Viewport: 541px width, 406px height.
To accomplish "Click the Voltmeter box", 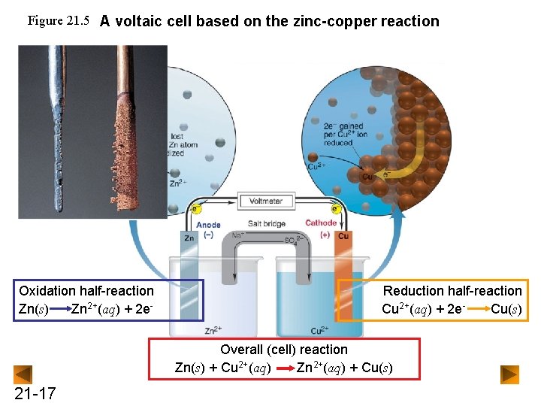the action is click(x=265, y=201).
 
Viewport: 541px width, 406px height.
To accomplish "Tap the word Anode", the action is click(x=208, y=224).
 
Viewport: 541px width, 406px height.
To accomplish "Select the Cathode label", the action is click(x=321, y=223).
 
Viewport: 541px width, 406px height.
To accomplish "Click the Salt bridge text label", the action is click(x=266, y=224).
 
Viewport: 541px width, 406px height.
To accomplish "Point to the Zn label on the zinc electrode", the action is click(x=189, y=238).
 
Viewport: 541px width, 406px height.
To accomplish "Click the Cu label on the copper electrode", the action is click(x=343, y=237).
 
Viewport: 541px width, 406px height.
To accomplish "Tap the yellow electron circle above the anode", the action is click(x=196, y=209).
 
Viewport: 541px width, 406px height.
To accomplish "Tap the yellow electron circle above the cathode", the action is click(x=335, y=209).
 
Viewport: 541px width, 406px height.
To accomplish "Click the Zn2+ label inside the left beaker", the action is click(x=213, y=329).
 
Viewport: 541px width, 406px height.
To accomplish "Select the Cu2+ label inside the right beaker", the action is click(x=319, y=329).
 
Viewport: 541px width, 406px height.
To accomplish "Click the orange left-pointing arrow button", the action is click(x=23, y=374).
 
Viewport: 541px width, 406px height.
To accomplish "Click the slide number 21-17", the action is click(x=35, y=393).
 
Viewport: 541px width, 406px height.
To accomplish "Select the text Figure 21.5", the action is click(x=59, y=20).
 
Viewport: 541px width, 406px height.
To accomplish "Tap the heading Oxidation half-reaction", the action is click(x=86, y=291).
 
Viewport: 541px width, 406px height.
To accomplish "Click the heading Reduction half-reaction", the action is click(x=452, y=291).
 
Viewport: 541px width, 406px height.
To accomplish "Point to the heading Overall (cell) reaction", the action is click(x=284, y=349).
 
